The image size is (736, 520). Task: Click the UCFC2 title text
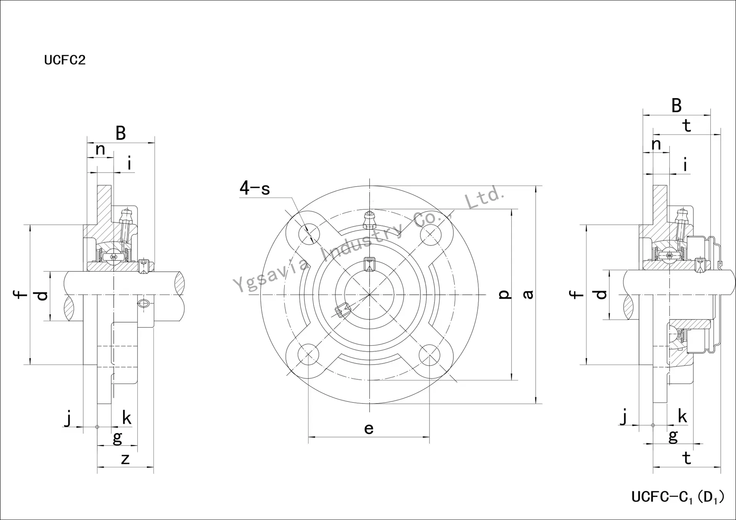pyautogui.click(x=65, y=60)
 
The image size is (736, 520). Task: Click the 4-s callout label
pyautogui.click(x=255, y=188)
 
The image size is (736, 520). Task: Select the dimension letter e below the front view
pyautogui.click(x=369, y=429)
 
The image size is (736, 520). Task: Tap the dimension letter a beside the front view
pyautogui.click(x=528, y=294)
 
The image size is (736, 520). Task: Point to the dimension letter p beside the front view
pyautogui.click(x=505, y=294)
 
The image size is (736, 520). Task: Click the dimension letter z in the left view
pyautogui.click(x=125, y=459)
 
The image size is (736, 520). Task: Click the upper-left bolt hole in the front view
pyautogui.click(x=309, y=234)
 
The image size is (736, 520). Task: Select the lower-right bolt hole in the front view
pyautogui.click(x=429, y=354)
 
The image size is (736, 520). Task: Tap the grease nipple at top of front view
pyautogui.click(x=369, y=220)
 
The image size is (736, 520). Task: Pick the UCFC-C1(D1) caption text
pyautogui.click(x=678, y=497)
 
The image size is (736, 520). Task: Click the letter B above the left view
pyautogui.click(x=120, y=133)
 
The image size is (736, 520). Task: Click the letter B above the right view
pyautogui.click(x=677, y=105)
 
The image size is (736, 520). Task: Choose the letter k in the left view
pyautogui.click(x=127, y=418)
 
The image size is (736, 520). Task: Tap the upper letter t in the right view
pyautogui.click(x=687, y=126)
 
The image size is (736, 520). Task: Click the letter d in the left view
pyautogui.click(x=42, y=296)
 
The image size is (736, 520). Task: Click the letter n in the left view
pyautogui.click(x=100, y=150)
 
